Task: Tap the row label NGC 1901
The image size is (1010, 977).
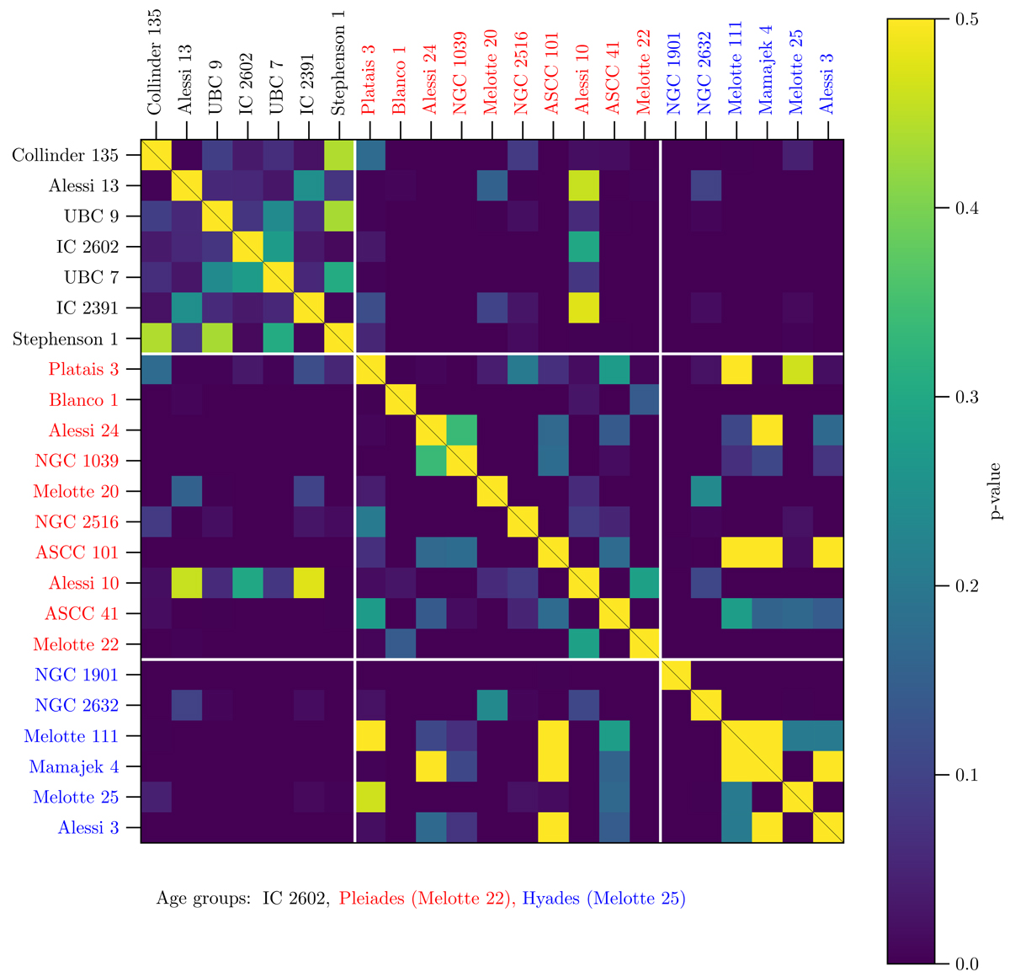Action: coord(77,675)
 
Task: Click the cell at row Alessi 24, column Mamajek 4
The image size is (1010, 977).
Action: coord(767,431)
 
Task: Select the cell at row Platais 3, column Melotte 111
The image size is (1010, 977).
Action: coord(736,370)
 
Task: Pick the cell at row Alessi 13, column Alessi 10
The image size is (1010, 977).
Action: coord(583,186)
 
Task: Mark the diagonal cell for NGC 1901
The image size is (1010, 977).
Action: coord(675,675)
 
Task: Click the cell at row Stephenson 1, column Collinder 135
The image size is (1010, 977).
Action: coord(156,339)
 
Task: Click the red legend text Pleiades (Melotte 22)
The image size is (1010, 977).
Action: coord(427,899)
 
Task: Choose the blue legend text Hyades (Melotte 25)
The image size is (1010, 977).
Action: coord(603,899)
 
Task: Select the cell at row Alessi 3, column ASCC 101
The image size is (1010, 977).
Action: coord(553,828)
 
